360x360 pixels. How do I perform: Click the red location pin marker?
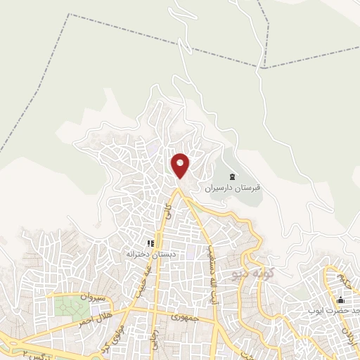pyautogui.click(x=181, y=165)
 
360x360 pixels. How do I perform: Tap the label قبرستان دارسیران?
pyautogui.click(x=233, y=188)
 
